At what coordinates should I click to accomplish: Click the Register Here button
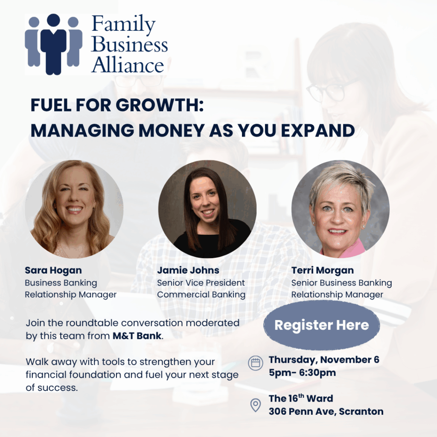(322, 325)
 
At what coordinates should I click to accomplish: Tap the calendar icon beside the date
(256, 363)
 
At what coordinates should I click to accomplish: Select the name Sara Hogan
(53, 270)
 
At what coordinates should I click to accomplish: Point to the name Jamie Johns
(188, 270)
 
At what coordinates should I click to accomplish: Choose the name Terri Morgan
(323, 270)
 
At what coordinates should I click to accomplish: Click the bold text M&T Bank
(137, 336)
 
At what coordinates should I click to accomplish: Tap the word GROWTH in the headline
(160, 105)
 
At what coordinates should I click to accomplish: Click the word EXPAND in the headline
(318, 130)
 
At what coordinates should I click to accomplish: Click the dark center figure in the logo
(53, 44)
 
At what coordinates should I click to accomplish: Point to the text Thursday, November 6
(324, 360)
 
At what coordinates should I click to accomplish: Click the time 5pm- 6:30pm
(302, 373)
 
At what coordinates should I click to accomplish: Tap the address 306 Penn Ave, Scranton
(326, 411)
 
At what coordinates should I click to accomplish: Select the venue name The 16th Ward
(301, 398)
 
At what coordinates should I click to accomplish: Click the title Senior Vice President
(201, 283)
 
